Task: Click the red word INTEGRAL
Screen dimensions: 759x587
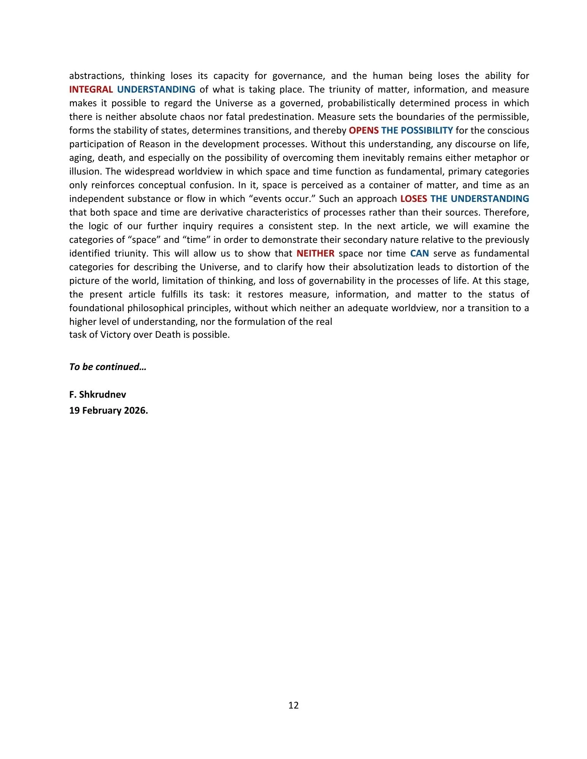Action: [x=91, y=90]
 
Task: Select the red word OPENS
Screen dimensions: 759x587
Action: [x=364, y=131]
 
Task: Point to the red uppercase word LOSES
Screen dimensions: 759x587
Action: [x=413, y=199]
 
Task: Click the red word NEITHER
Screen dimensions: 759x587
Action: [x=315, y=254]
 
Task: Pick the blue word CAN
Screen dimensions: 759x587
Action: [x=419, y=254]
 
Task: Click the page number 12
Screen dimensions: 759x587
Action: [x=293, y=705]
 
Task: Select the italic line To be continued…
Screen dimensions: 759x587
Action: [x=108, y=367]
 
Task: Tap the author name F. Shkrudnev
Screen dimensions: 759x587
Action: [x=98, y=395]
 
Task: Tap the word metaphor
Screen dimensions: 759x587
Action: [x=496, y=158]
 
